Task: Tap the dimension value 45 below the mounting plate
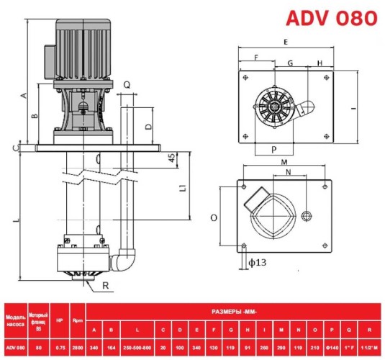(172, 158)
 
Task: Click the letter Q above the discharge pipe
(127, 84)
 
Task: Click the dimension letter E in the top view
(286, 42)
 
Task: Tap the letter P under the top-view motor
(276, 150)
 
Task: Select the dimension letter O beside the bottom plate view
(214, 216)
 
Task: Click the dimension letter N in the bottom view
(288, 173)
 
